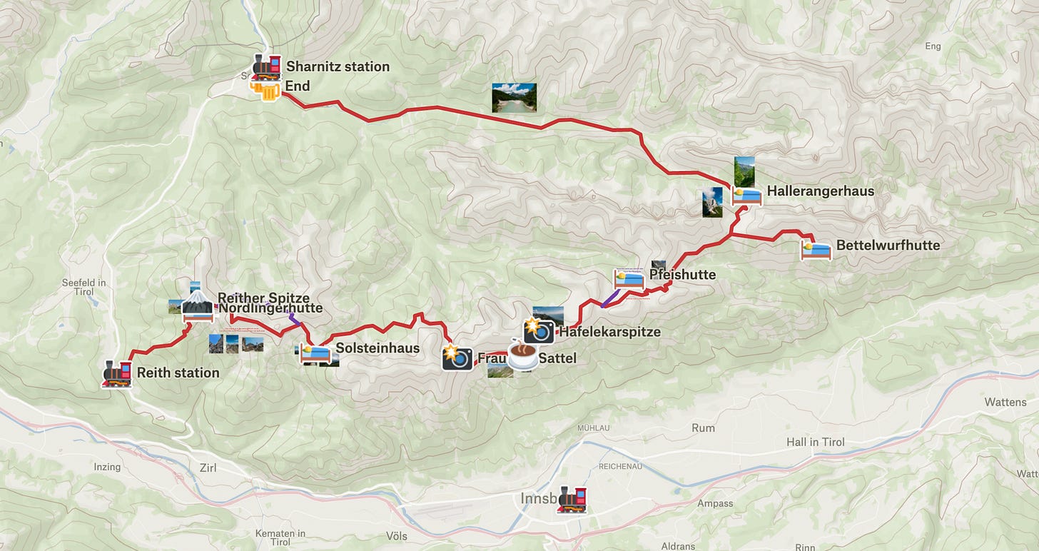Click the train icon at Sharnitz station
[x=265, y=66]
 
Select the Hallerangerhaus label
[x=820, y=191]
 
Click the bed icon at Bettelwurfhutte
[x=816, y=250]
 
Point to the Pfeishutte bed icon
[x=629, y=279]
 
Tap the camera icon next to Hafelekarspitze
[x=539, y=331]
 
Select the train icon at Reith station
[x=118, y=373]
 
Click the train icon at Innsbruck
[x=572, y=499]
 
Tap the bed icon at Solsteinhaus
[x=315, y=353]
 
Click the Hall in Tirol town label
[x=815, y=442]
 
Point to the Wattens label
[x=1005, y=402]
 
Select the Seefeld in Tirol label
[x=83, y=287]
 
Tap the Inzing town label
[x=107, y=467]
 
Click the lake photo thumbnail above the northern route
[x=514, y=98]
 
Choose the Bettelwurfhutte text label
[x=888, y=246]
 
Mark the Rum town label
[x=703, y=428]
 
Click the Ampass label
[x=715, y=503]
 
